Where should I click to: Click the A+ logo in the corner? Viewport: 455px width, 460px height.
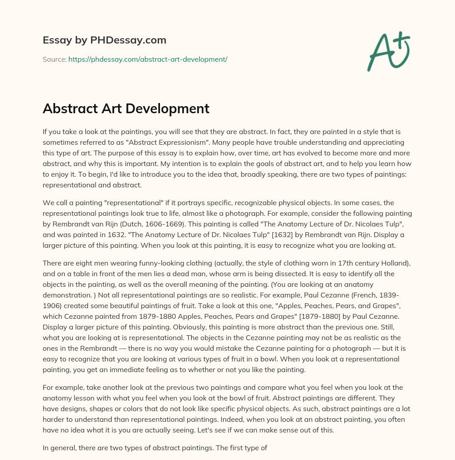388,51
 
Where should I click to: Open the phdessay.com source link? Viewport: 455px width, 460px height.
148,59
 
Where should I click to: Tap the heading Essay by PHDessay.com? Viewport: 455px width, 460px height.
104,40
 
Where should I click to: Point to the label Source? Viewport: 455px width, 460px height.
54,59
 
